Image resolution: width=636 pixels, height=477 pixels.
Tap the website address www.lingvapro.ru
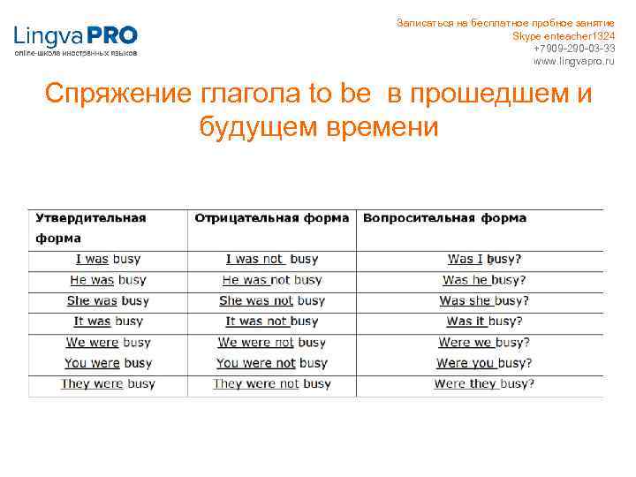pos(574,61)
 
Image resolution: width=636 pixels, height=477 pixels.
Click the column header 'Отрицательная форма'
pos(271,218)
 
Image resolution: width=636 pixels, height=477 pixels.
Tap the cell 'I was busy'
pos(108,259)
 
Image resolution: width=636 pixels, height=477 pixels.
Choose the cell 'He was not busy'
pos(272,280)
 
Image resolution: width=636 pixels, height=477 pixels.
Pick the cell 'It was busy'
pos(108,322)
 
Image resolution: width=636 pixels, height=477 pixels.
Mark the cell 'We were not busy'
pos(272,343)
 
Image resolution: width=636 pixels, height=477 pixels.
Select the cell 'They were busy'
pos(108,384)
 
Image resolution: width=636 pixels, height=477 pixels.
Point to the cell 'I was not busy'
pos(272,259)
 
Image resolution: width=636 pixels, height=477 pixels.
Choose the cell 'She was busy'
pos(108,301)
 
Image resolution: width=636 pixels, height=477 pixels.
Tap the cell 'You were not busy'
pos(272,363)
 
